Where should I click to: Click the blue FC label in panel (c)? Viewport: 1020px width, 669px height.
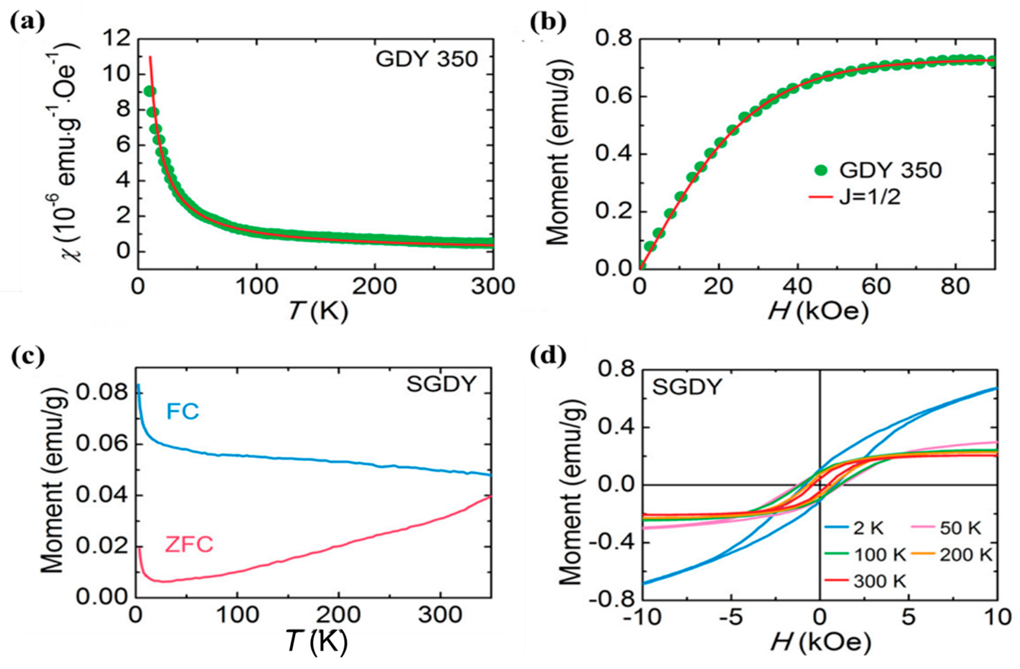coord(183,412)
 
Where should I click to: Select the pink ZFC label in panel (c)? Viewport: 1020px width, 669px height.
coord(189,545)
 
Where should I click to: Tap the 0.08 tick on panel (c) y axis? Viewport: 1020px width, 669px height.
coord(102,392)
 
